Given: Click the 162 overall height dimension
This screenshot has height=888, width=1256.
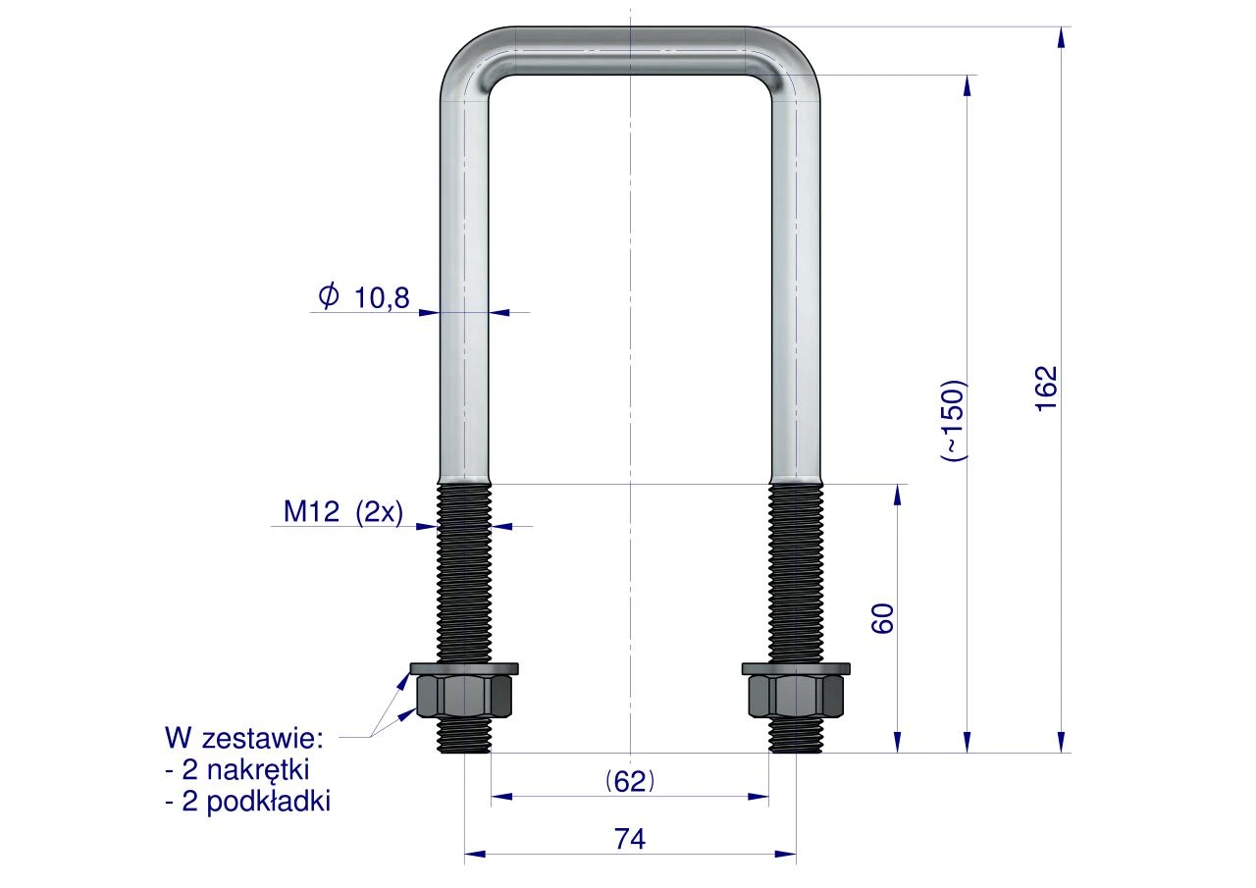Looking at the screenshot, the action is tap(1046, 390).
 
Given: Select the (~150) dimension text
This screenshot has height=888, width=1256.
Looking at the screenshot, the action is tap(954, 421).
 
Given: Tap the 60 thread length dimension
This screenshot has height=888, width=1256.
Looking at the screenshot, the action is tap(883, 618).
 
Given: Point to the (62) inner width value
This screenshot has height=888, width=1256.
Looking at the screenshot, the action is tap(630, 781).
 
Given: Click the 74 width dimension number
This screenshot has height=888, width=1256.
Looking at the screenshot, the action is tap(630, 839).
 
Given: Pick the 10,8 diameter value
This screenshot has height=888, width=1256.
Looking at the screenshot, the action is tap(382, 298).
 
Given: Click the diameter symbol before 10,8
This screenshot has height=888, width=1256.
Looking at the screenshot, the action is tap(329, 295).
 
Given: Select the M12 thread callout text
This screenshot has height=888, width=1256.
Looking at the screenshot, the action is tap(311, 511).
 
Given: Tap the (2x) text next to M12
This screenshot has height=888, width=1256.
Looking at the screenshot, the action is tap(380, 512).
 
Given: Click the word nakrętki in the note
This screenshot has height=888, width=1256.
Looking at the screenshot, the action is tap(258, 769).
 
